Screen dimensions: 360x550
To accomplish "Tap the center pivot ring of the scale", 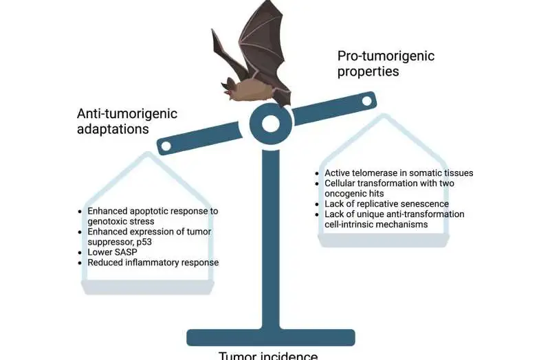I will coord(271,124).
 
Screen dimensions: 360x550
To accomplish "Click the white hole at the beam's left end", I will coord(165,146).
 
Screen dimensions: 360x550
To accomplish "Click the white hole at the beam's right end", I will coord(366,102).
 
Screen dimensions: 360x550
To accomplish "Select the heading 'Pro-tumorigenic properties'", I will coord(385,64).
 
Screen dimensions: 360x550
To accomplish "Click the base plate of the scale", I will coord(271,337).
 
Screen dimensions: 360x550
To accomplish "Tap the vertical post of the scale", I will coord(271,240).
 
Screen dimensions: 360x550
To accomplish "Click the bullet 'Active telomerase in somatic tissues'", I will coord(399,172).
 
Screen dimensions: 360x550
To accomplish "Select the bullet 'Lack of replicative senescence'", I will coord(386,203).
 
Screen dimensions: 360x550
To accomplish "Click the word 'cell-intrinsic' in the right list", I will coord(355,224).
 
